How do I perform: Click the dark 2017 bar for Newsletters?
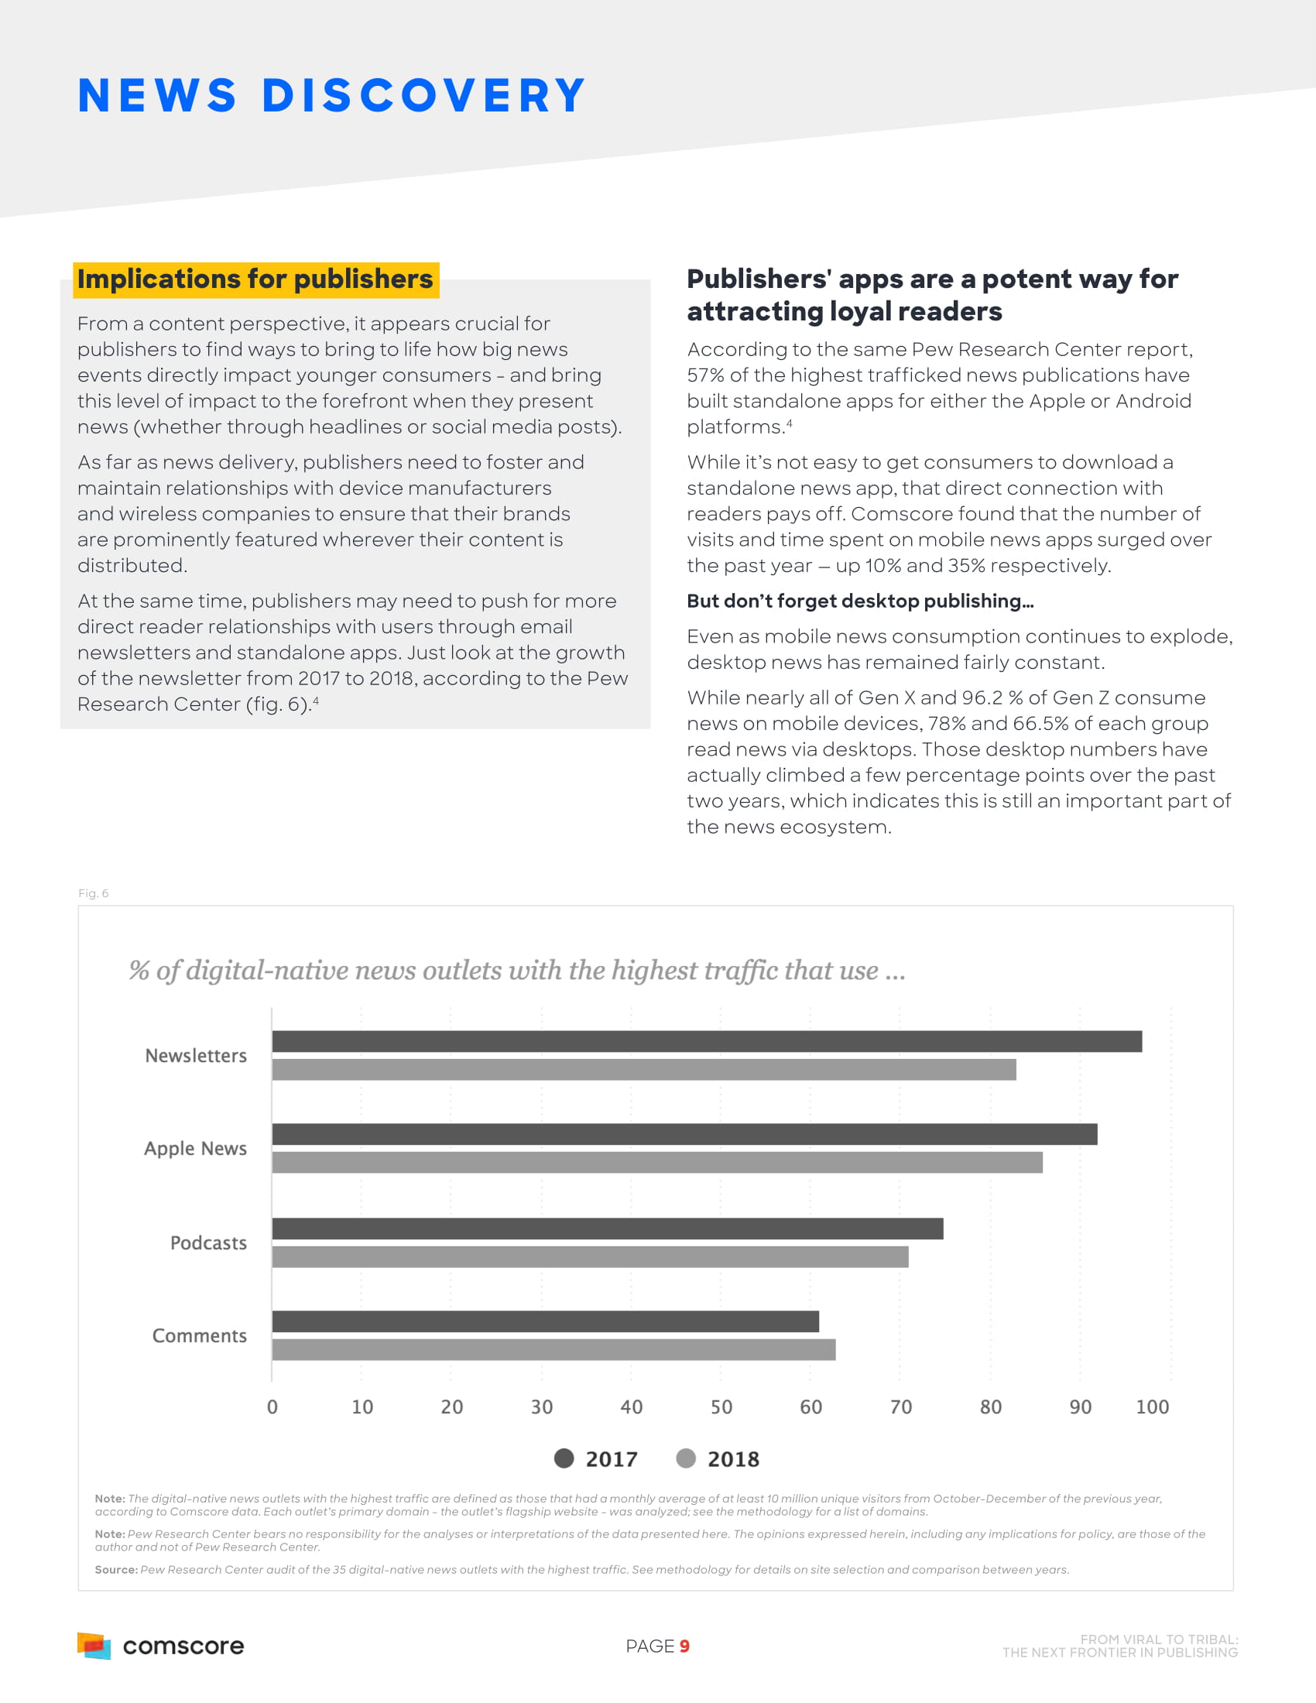tap(706, 1041)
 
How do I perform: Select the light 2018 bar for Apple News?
tap(656, 1162)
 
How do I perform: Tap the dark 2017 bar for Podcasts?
tap(608, 1228)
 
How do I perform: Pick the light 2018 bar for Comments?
tap(553, 1349)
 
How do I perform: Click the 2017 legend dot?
tap(564, 1458)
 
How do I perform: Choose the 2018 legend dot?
tap(686, 1458)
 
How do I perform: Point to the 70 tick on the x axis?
tap(900, 1407)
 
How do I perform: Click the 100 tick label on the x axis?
tap(1152, 1407)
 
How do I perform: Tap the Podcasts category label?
tap(208, 1243)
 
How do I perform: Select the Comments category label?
tap(200, 1336)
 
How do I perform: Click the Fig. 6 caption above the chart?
tap(94, 893)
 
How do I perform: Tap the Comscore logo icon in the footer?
tap(94, 1645)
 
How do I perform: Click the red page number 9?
tap(684, 1646)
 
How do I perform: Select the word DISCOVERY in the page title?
tap(423, 96)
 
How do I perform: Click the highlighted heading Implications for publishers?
tap(255, 279)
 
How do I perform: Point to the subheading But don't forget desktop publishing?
tap(860, 601)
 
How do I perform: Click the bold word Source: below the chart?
tap(116, 1570)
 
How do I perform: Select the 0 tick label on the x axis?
tap(272, 1407)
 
